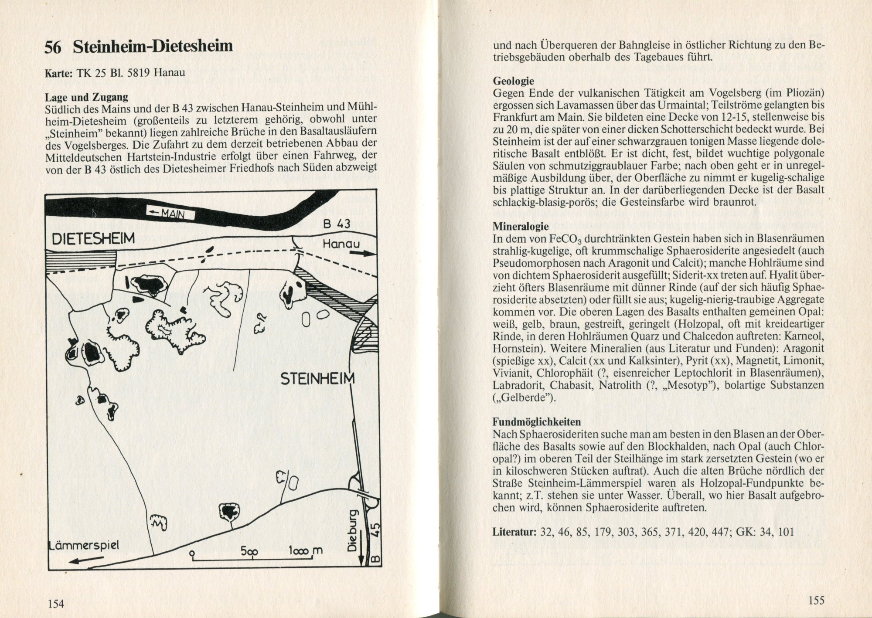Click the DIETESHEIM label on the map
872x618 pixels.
pyautogui.click(x=93, y=238)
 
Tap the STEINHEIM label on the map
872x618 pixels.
pyautogui.click(x=317, y=378)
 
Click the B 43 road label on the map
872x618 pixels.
pyautogui.click(x=337, y=224)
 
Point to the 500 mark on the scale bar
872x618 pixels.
pyautogui.click(x=249, y=551)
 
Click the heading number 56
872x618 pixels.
pyautogui.click(x=53, y=47)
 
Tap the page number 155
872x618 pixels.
pyautogui.click(x=816, y=600)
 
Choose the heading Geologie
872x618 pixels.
pyautogui.click(x=513, y=81)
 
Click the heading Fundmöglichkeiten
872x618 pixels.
pyautogui.click(x=537, y=421)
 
